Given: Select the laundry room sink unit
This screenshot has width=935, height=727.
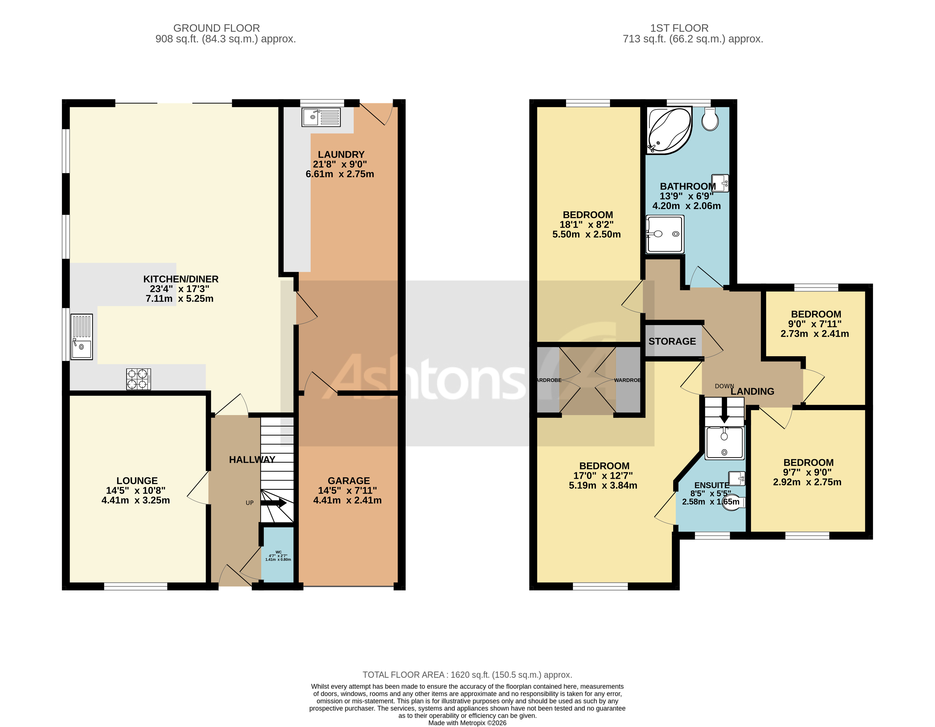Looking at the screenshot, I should click(321, 117).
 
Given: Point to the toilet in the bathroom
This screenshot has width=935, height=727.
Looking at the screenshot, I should click(710, 119).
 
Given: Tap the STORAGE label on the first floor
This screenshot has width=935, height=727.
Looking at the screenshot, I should click(672, 341).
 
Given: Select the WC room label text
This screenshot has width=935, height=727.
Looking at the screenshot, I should click(278, 552).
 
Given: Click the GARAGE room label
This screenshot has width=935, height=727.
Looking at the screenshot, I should click(348, 480).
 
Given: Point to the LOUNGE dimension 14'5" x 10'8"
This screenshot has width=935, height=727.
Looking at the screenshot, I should click(136, 490).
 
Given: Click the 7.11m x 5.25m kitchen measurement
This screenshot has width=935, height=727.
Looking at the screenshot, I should click(179, 298).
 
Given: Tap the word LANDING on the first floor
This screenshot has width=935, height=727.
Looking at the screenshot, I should click(752, 391).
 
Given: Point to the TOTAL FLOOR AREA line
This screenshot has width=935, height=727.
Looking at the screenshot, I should click(467, 675).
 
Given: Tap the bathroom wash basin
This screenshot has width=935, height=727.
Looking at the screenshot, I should click(720, 183).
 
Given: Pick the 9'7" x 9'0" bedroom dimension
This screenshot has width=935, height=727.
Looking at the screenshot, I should click(807, 472).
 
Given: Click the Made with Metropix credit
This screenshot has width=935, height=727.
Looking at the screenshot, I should click(467, 723).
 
